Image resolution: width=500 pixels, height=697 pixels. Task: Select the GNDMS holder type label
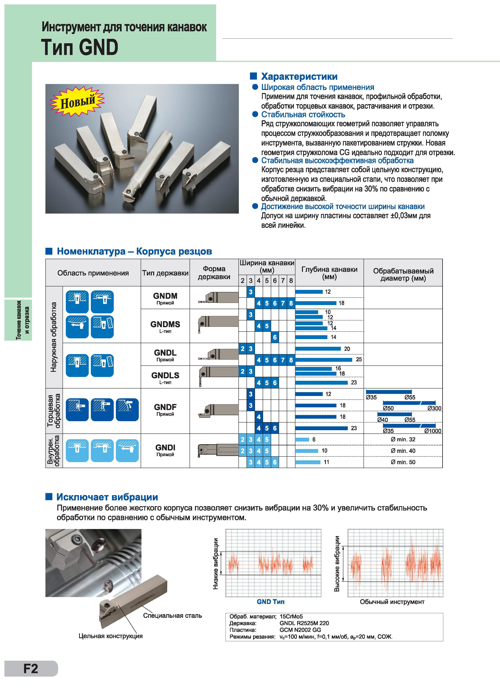(x=165, y=324)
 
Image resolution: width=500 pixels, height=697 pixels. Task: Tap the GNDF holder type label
(x=165, y=407)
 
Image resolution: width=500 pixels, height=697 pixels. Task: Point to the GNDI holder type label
(x=165, y=447)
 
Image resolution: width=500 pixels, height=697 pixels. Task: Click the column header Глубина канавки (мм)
(x=329, y=273)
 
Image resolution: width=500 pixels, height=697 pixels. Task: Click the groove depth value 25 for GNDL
(x=359, y=359)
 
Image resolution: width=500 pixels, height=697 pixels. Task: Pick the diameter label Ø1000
(x=433, y=431)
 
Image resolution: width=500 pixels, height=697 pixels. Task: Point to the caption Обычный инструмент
(x=392, y=602)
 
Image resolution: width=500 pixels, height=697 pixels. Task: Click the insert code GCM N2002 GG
(x=300, y=630)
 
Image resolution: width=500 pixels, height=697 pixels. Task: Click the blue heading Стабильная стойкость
(x=303, y=114)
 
